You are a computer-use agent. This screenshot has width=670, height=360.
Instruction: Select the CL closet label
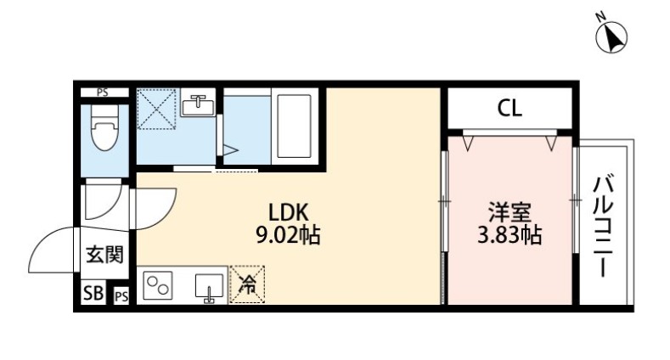[x=510, y=108]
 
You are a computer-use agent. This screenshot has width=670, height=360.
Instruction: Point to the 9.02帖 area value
[x=287, y=235]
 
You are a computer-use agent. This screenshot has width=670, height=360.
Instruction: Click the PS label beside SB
[x=121, y=295]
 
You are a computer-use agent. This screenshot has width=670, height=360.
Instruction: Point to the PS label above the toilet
[x=102, y=93]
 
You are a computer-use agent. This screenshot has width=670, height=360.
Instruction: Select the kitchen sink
[x=208, y=288]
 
